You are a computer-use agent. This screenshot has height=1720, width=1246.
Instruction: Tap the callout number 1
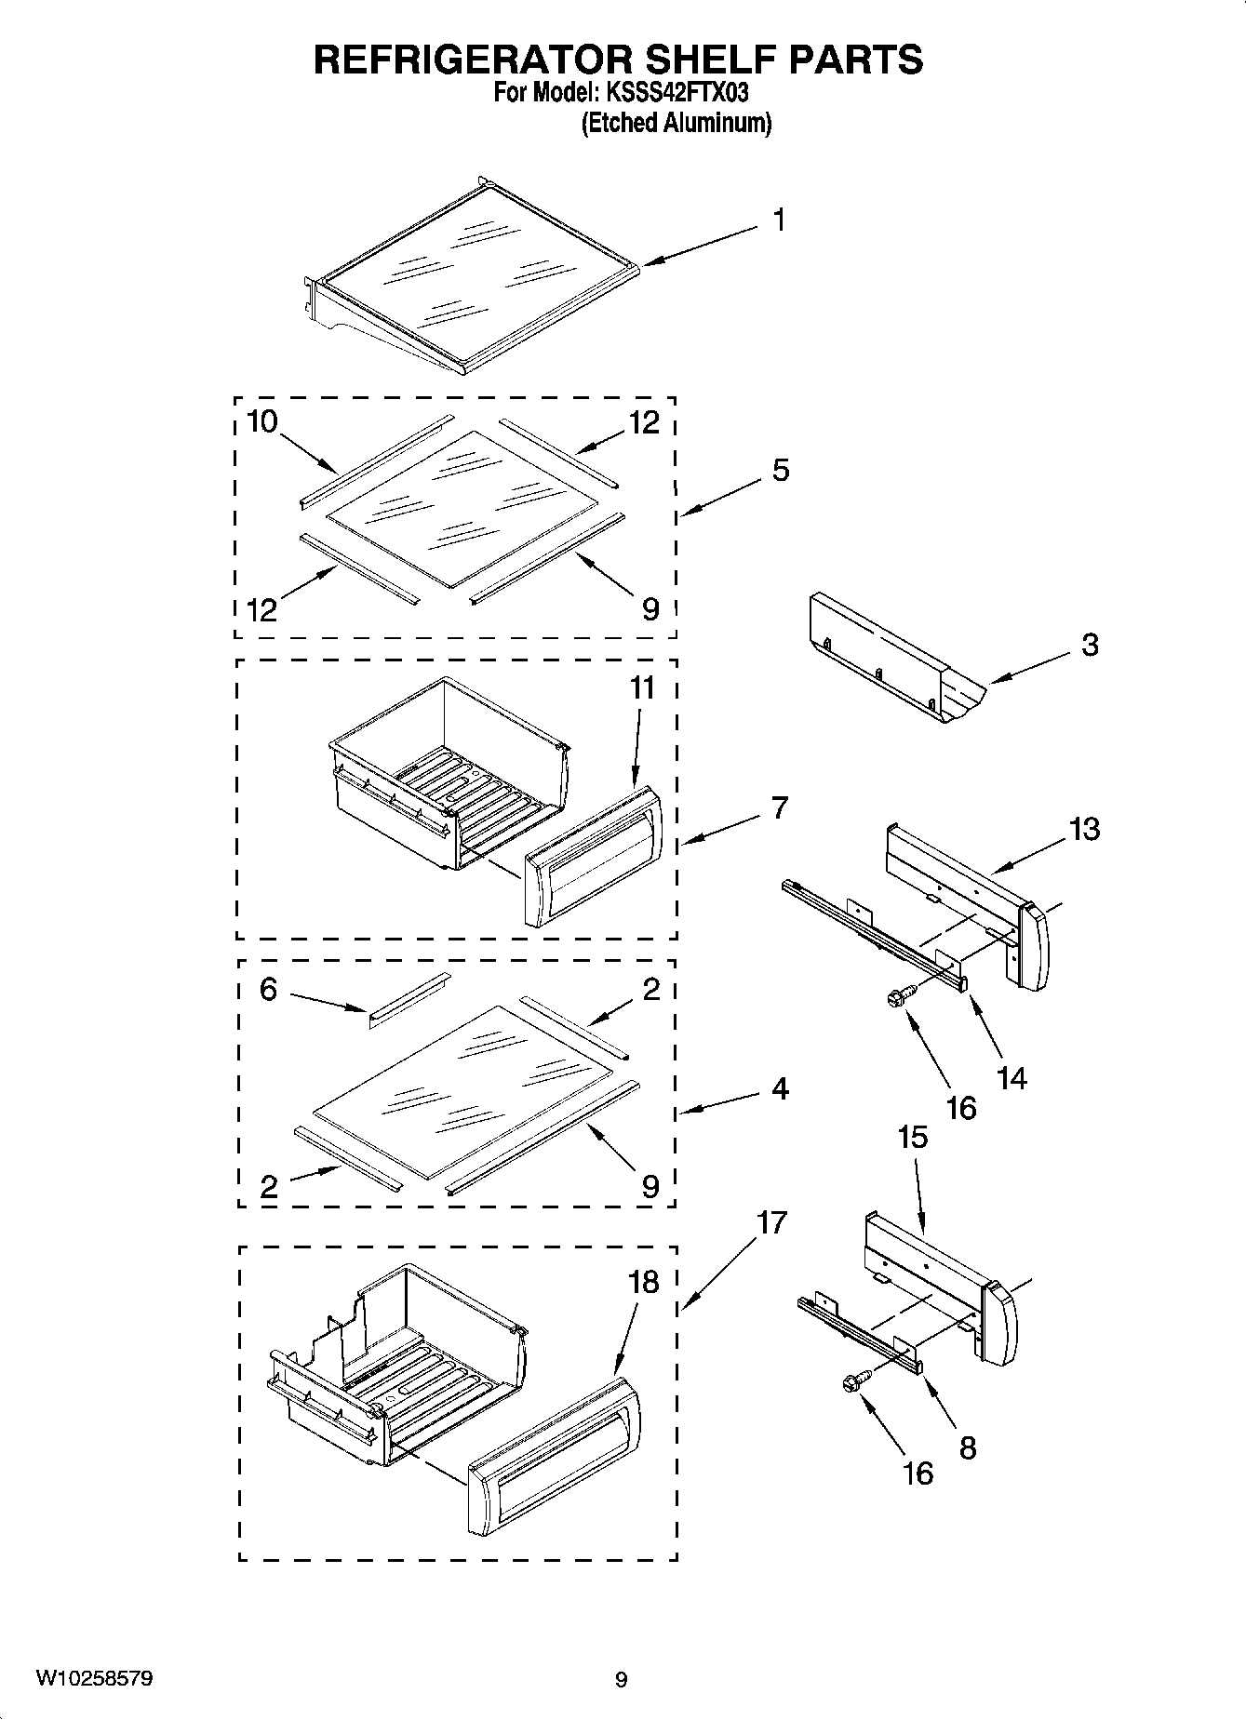click(x=779, y=220)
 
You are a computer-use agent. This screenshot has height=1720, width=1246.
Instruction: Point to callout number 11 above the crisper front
click(x=642, y=688)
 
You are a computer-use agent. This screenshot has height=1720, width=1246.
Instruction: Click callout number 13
click(x=1084, y=828)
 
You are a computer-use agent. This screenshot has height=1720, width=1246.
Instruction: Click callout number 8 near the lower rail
click(x=968, y=1447)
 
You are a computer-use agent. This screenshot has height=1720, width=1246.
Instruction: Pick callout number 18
click(x=642, y=1282)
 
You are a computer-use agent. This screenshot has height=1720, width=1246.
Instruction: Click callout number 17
click(x=771, y=1221)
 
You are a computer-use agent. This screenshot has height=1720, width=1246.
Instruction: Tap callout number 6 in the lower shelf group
click(x=268, y=989)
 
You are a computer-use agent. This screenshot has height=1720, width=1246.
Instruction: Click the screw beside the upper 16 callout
click(x=897, y=997)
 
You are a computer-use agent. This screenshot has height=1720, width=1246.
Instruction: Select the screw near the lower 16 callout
click(x=855, y=1384)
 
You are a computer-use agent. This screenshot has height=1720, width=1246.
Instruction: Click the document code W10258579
click(x=94, y=1678)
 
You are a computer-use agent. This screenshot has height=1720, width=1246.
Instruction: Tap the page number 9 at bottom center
click(x=622, y=1679)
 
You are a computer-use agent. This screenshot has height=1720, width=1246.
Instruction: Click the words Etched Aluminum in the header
click(x=677, y=123)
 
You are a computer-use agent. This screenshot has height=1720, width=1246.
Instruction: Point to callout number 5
click(x=780, y=471)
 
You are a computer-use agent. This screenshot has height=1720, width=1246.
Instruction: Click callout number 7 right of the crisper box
click(x=779, y=807)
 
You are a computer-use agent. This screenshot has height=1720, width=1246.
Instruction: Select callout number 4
click(x=780, y=1087)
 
